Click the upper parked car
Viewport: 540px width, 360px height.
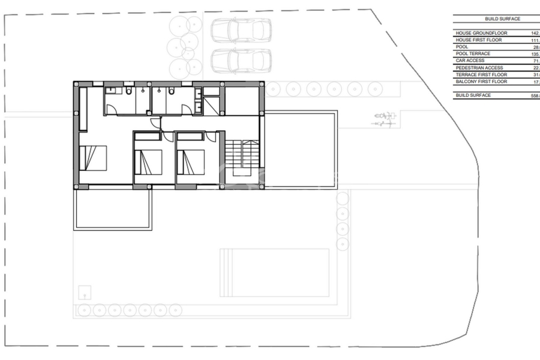tap(241, 29)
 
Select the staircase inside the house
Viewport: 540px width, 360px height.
tap(243, 157)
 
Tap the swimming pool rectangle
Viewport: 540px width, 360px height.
tap(275, 272)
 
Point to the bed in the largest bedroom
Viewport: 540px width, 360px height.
tap(93, 158)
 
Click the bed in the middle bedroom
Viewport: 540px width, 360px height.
tap(148, 161)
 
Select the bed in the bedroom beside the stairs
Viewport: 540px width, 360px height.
tap(191, 161)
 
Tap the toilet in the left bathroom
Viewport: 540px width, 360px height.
tap(129, 91)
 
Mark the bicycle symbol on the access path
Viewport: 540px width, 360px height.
tap(383, 119)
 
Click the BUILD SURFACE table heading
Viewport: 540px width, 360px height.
tap(502, 19)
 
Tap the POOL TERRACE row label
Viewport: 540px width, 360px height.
tap(473, 53)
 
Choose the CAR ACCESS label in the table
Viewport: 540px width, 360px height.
tap(470, 61)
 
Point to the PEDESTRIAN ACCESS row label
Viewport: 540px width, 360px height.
tap(479, 68)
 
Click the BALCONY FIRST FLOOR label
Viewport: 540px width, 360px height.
tap(481, 81)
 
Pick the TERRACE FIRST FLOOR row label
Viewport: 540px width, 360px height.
tap(481, 74)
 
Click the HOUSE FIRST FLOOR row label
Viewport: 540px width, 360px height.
tap(479, 40)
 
